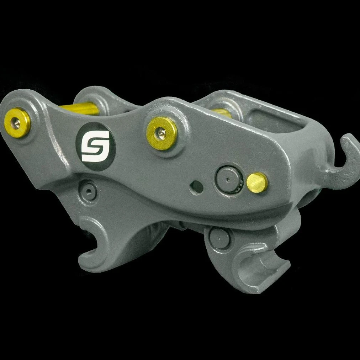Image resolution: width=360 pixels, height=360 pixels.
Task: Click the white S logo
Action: tap(95, 146)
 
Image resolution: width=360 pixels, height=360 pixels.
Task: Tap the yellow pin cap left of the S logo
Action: tap(17, 123)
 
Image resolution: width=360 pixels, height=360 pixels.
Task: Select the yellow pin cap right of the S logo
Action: tap(162, 133)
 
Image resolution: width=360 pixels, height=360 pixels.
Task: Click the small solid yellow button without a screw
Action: tap(257, 183)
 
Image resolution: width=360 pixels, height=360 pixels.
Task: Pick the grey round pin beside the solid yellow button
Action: tap(229, 180)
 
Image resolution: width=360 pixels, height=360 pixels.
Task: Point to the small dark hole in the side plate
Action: tap(197, 187)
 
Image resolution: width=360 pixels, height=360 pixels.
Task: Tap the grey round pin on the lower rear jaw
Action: tap(220, 238)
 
